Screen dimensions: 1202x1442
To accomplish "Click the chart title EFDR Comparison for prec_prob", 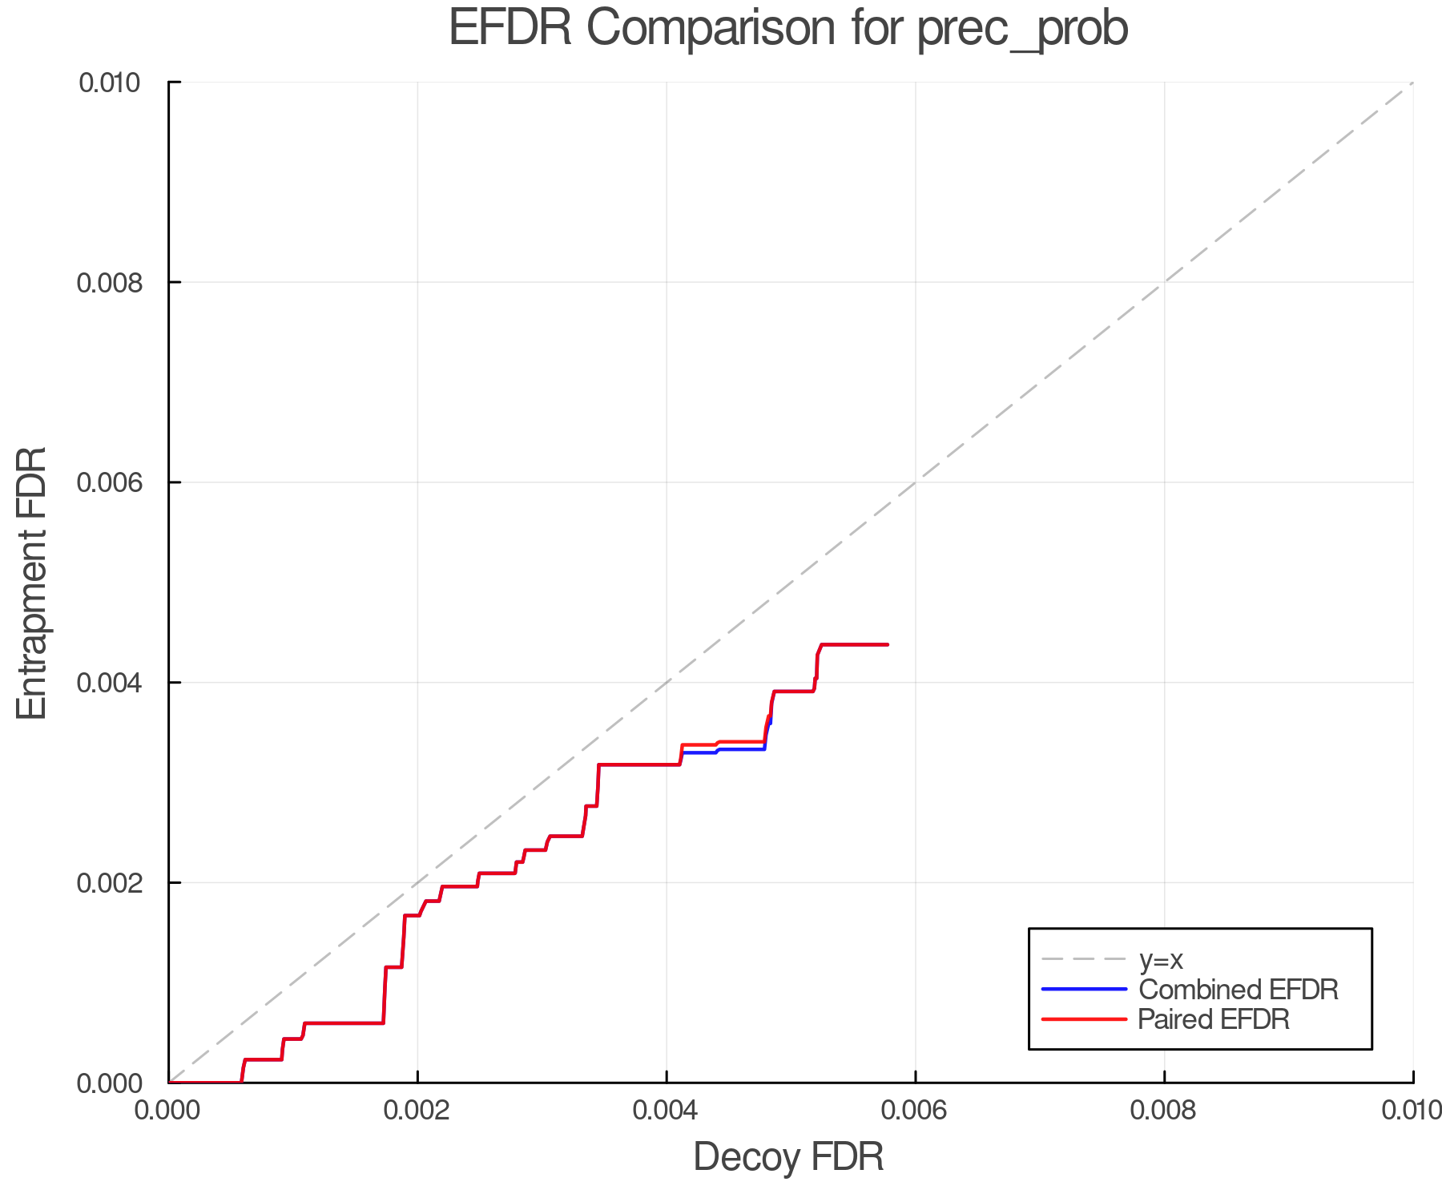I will [x=788, y=29].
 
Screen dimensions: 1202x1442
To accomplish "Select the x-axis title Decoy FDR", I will [x=788, y=1157].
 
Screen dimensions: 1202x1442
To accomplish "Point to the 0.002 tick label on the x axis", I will [x=417, y=1111].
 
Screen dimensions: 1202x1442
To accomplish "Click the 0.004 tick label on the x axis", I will [x=667, y=1111].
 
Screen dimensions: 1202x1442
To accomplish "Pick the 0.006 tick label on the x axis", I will [x=915, y=1111].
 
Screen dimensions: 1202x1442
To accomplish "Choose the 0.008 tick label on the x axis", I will [x=1164, y=1111].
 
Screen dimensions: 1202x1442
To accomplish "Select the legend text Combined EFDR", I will [x=1238, y=990].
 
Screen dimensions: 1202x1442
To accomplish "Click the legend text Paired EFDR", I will [x=1214, y=1019].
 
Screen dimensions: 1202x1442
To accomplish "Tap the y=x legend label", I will [x=1161, y=960].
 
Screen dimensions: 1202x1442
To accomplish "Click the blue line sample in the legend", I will [x=1084, y=990].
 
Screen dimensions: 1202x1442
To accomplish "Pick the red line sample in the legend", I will [x=1084, y=1019].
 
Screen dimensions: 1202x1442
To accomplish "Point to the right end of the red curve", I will [x=887, y=644].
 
